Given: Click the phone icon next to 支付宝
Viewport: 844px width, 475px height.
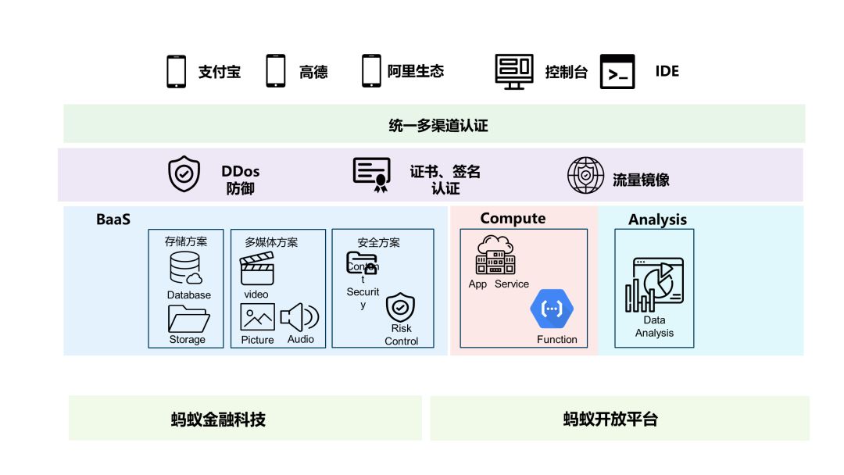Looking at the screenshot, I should tap(177, 71).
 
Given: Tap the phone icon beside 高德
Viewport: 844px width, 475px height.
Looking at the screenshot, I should tap(276, 71).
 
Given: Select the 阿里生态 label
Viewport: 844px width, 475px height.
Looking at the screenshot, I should tap(416, 71).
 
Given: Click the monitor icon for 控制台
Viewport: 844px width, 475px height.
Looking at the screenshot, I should tap(514, 71).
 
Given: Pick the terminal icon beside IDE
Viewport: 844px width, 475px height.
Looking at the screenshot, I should tap(617, 71).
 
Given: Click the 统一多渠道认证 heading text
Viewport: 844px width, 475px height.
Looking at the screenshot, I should tap(438, 125).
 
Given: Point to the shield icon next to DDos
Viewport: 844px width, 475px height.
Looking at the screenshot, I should tap(184, 174).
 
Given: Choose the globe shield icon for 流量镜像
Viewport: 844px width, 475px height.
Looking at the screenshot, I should tap(585, 175).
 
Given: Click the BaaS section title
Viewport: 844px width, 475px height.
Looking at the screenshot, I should tap(113, 220).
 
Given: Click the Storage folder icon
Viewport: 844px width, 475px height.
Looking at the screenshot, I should tap(188, 319).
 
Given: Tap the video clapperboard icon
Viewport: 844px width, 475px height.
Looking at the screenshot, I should tap(257, 270).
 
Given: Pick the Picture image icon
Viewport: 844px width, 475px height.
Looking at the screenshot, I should tap(257, 317).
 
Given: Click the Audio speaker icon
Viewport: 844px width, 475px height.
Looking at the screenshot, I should tap(299, 317).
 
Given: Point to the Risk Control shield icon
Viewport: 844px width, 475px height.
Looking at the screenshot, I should tap(401, 307).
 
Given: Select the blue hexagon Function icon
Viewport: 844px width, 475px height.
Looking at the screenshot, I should tap(552, 308).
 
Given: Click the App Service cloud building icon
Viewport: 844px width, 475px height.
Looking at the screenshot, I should tap(495, 255).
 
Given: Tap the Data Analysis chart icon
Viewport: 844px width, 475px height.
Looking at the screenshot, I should tap(654, 285).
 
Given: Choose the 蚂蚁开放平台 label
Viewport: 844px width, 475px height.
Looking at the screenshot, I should tap(610, 419).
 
